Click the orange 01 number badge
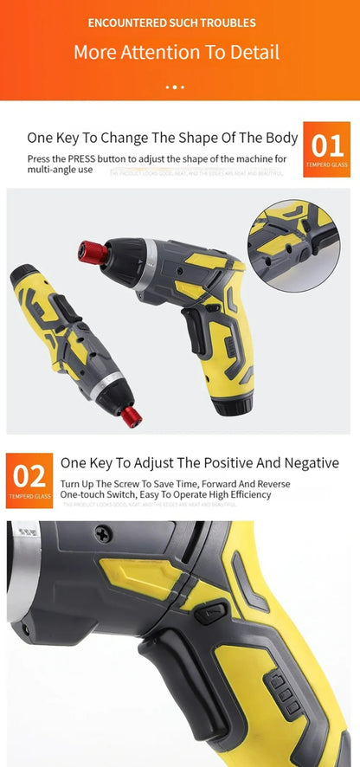coord(327,149)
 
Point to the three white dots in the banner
coord(175,87)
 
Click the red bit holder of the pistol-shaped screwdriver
coord(94,253)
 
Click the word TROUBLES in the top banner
coord(228,23)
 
